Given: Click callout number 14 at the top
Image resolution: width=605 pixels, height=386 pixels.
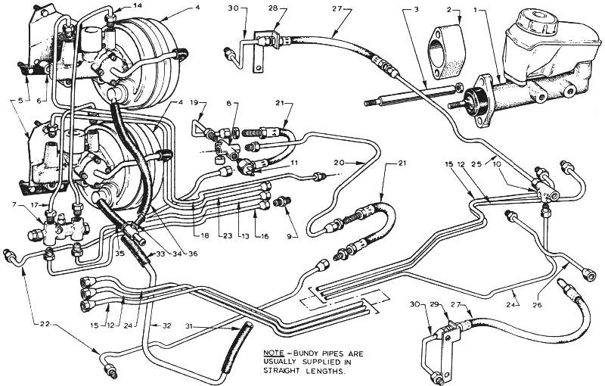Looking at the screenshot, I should click(137, 5).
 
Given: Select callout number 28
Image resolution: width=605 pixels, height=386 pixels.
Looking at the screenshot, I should click(274, 8).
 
